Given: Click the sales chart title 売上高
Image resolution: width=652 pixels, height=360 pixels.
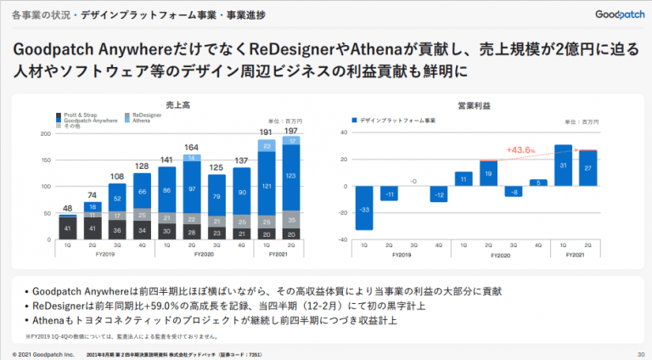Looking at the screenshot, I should coord(177,105).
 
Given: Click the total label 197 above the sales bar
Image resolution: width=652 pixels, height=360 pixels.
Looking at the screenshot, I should coord(290,132).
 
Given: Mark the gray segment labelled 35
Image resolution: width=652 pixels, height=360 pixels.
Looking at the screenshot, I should coord(290,220).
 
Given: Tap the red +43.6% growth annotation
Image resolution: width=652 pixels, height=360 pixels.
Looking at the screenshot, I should coord(519,150).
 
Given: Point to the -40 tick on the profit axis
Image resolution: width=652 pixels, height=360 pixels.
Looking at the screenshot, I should coord(343,240).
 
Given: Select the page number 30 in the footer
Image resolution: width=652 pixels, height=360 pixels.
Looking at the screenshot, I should coord(640,353).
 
